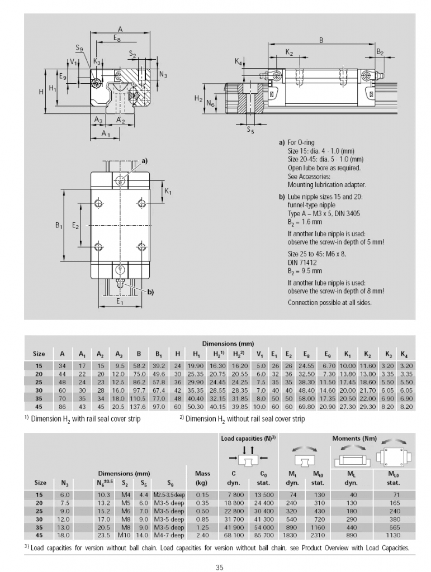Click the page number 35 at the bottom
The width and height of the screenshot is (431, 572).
point(219,568)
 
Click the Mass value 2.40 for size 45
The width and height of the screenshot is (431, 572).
point(202,535)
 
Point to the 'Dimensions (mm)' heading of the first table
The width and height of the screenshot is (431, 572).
point(227,344)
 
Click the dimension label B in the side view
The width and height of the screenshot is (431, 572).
point(321,40)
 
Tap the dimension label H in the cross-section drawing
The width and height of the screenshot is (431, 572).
point(41,91)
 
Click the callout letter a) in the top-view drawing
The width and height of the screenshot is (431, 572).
point(144,161)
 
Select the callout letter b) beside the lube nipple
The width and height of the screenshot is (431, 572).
point(150,292)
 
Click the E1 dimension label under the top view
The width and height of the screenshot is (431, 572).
point(120,301)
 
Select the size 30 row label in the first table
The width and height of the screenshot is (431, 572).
point(39,390)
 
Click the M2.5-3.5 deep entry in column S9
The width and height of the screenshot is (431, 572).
point(170,494)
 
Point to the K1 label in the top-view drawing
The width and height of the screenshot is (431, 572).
point(168,192)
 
